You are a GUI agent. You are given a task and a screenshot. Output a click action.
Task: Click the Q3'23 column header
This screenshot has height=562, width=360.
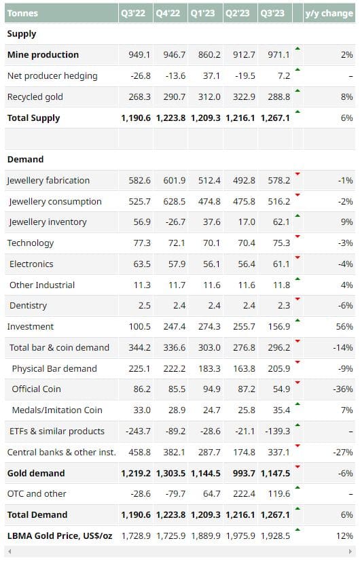click(x=272, y=14)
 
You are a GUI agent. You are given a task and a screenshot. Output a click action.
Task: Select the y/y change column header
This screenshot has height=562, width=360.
click(x=329, y=14)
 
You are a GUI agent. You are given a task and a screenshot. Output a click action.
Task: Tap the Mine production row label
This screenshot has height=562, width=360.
click(x=43, y=55)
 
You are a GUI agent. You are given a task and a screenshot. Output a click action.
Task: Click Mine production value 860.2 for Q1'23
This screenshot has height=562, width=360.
click(x=209, y=55)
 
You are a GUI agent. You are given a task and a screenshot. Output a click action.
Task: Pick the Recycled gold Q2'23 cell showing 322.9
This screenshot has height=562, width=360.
click(x=244, y=96)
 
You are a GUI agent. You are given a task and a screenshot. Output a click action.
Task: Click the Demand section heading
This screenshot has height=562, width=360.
click(x=25, y=159)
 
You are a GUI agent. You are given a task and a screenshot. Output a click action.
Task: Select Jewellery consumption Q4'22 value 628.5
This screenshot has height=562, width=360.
click(x=175, y=201)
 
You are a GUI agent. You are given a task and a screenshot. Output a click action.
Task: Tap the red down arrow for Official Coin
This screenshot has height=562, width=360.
click(x=298, y=383)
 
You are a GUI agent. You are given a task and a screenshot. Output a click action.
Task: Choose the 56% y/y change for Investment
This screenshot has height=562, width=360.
click(x=344, y=326)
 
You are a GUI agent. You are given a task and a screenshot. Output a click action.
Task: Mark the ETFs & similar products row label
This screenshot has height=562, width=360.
click(x=57, y=431)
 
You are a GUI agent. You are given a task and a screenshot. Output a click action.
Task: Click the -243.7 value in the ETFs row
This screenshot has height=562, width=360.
click(x=138, y=431)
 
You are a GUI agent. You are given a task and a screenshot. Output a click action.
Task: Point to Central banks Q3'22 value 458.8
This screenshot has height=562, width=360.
click(x=139, y=452)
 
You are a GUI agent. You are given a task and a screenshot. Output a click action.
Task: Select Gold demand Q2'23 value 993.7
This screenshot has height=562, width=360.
click(x=244, y=473)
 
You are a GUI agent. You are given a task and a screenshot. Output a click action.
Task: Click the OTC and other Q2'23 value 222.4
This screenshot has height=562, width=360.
click(x=244, y=494)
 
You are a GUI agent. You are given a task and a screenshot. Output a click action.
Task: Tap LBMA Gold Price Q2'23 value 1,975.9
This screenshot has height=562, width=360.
click(x=240, y=535)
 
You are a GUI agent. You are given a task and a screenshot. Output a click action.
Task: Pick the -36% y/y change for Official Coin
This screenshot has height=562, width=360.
click(x=343, y=389)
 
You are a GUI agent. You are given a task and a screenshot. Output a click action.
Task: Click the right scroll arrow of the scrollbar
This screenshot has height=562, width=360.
click(x=350, y=552)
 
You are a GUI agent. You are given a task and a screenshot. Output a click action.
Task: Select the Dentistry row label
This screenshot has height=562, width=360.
click(x=28, y=306)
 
